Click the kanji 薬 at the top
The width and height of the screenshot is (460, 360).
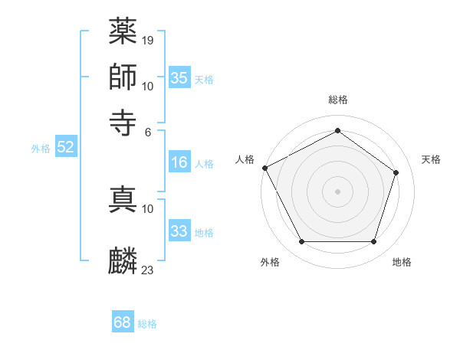123,31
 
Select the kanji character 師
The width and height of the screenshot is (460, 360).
123,77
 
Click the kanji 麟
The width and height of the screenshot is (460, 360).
123,261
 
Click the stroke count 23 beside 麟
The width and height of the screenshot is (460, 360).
148,270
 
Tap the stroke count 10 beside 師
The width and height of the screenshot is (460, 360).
148,86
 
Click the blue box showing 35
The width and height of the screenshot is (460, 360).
179,78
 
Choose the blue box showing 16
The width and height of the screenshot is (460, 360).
179,162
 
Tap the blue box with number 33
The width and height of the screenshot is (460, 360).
179,231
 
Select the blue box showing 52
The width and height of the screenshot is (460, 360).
65,148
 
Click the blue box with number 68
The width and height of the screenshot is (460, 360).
123,322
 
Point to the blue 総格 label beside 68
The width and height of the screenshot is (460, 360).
147,324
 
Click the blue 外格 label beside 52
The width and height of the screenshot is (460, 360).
41,149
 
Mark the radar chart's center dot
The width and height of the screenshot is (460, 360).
337,190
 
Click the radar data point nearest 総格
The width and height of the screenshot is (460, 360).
337,130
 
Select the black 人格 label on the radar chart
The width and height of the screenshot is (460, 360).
245,159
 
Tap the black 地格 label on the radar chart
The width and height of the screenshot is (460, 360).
402,262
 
